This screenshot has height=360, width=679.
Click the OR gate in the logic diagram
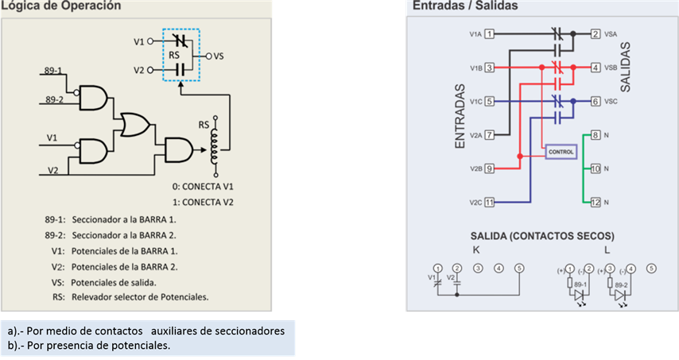134,124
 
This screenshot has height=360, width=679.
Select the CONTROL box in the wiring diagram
560,151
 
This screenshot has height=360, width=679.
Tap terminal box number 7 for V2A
490,134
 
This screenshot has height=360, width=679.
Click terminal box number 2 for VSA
596,34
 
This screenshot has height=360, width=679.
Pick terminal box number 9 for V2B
490,168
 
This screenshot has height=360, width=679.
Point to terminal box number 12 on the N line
596,203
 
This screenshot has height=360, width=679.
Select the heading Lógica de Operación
61,6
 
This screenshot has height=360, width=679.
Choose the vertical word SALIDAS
625,68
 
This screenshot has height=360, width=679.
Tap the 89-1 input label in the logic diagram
54,71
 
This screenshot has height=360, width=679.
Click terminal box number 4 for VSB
596,68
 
